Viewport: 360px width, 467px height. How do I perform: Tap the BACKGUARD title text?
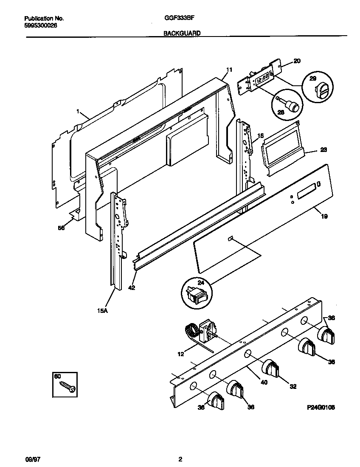pos(182,33)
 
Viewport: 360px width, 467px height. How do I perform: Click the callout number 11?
pos(229,70)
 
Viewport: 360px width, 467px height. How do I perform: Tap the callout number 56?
pos(62,228)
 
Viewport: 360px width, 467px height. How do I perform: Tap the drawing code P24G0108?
pos(321,407)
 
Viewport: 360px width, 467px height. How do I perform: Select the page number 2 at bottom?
pos(180,459)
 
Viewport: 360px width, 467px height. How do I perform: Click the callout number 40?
pos(264,383)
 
